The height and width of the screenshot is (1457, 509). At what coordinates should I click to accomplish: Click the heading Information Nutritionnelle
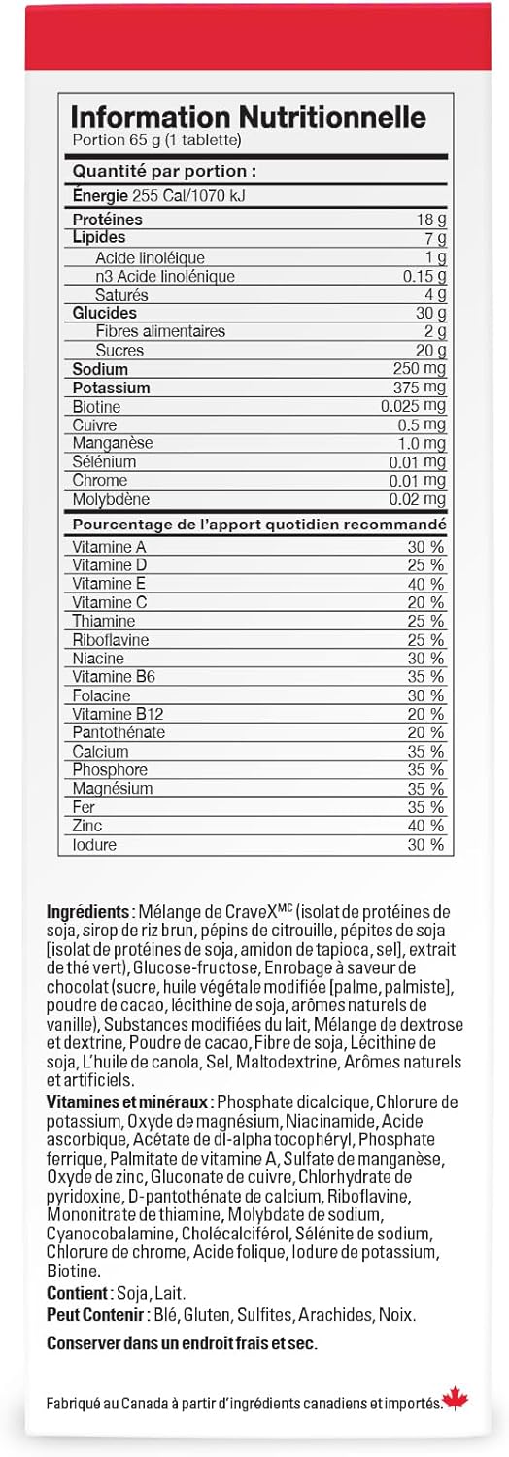[x=249, y=118]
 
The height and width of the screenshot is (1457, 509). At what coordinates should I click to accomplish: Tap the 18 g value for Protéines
[x=431, y=220]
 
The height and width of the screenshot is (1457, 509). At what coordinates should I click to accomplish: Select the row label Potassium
[x=111, y=388]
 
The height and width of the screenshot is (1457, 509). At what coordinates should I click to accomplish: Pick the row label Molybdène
[x=111, y=499]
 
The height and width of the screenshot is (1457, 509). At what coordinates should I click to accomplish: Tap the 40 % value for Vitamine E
[x=425, y=584]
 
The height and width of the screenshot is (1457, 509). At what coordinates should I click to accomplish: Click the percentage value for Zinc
[x=425, y=826]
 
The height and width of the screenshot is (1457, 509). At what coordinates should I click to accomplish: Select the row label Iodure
[x=94, y=844]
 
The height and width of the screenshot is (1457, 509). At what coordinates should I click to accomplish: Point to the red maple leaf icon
[x=455, y=1400]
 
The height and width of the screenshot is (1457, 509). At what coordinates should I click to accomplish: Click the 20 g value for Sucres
[x=431, y=351]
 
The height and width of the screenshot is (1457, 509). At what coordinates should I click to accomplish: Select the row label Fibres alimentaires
[x=160, y=331]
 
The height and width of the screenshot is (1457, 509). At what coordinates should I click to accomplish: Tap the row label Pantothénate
[x=119, y=732]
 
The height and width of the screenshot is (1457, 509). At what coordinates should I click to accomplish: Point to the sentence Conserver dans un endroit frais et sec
[x=182, y=1343]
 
